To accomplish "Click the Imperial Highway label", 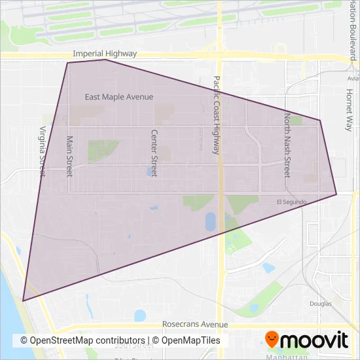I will [105, 54].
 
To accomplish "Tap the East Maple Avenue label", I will [119, 97].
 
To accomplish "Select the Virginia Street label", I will [43, 152].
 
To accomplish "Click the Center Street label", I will [154, 152].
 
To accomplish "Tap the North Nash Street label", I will [287, 144].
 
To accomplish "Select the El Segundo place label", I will [291, 202].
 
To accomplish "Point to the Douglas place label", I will [321, 304].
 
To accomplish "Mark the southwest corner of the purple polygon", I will [24, 300].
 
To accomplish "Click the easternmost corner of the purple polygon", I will [336, 194].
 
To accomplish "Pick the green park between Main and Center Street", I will [103, 151].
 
